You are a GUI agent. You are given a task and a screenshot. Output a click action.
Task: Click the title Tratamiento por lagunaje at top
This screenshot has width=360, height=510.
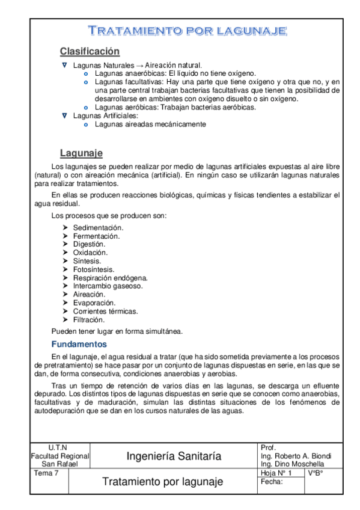pos(187,31)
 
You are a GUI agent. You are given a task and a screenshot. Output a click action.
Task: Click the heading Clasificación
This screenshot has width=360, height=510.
pos(90,51)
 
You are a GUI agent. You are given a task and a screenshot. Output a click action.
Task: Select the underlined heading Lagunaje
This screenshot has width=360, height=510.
pos(81,153)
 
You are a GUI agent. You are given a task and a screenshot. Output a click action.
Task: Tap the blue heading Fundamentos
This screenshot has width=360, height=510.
pos(79,345)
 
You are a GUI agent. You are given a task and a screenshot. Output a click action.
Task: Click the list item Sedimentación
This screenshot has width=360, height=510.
pos(98,228)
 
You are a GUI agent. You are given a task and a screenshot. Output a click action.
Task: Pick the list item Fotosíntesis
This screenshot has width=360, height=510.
pos(94,269)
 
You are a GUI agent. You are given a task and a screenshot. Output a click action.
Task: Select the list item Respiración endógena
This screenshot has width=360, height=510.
pos(110,278)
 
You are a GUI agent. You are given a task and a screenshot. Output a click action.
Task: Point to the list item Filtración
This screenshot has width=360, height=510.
pos(90,320)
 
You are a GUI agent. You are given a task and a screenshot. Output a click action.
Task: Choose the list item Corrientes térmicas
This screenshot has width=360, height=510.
pos(105,312)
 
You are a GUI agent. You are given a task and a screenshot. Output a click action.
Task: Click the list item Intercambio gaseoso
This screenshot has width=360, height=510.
pos(108,286)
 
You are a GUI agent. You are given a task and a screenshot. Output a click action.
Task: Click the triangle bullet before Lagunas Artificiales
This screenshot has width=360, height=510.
pos(65,115)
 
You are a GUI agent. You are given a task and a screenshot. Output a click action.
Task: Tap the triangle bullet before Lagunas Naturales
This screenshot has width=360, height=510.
pos(65,64)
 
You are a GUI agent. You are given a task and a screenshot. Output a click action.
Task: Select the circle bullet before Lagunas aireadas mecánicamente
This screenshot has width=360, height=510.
pos(86,124)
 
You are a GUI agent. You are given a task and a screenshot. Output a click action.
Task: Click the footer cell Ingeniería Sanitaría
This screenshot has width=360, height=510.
pos(174,456)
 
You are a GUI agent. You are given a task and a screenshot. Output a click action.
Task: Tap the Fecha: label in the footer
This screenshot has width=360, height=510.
pos(272,482)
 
